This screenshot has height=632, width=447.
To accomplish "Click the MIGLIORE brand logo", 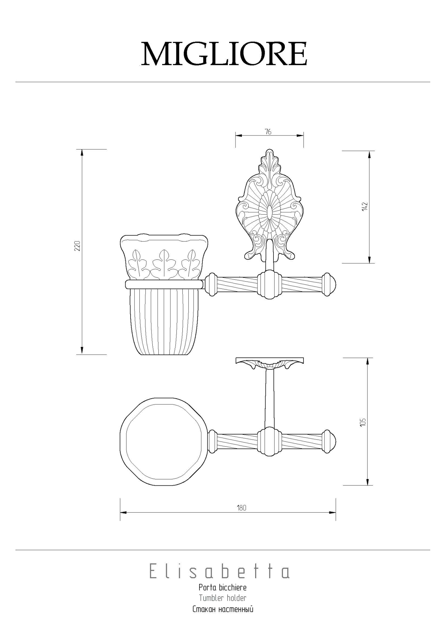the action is [x=224, y=54].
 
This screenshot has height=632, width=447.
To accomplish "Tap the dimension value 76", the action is [x=268, y=132].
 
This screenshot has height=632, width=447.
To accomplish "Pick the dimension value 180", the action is [x=242, y=508].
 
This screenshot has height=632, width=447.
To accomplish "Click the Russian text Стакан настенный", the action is [x=223, y=609].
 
